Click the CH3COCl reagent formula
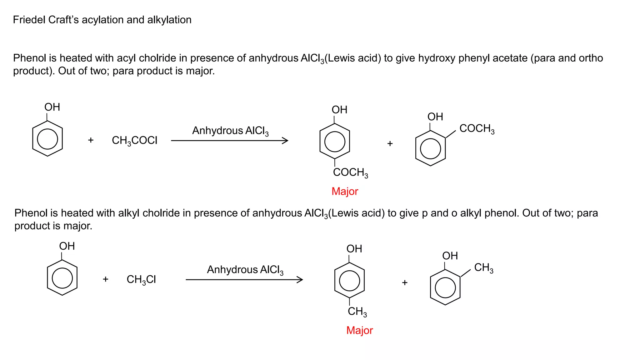[x=134, y=140]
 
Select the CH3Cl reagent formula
[x=141, y=279]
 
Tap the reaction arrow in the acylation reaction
[x=229, y=141]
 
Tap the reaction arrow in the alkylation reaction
[x=244, y=280]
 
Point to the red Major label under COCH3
[x=345, y=191]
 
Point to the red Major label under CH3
[x=359, y=330]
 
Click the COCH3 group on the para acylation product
[x=350, y=172]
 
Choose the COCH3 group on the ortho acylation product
[x=477, y=128]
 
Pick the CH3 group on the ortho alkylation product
[x=484, y=267]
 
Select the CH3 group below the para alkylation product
[x=357, y=312]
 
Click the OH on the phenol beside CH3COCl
[x=52, y=107]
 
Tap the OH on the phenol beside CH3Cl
[x=67, y=246]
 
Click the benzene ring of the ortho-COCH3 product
[x=430, y=148]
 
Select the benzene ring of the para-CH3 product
[x=349, y=280]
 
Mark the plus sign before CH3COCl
[x=91, y=140]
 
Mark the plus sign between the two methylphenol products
[x=405, y=283]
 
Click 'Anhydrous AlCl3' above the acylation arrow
[x=230, y=131]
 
